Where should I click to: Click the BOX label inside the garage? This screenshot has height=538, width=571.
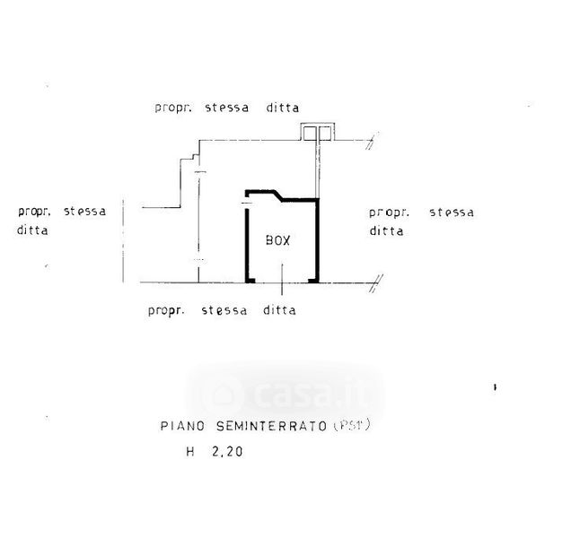[x=277, y=240]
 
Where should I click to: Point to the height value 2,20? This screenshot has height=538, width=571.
[x=225, y=453]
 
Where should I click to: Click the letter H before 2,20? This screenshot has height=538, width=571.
[x=190, y=453]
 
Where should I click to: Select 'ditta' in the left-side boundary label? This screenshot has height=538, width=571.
[x=33, y=230]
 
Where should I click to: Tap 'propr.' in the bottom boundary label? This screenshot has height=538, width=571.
[x=165, y=311]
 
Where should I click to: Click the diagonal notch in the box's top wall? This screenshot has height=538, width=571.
[x=282, y=195]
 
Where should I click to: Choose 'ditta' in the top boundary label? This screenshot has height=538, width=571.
[x=282, y=108]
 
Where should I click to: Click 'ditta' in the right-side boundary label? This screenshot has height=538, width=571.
[x=386, y=230]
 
